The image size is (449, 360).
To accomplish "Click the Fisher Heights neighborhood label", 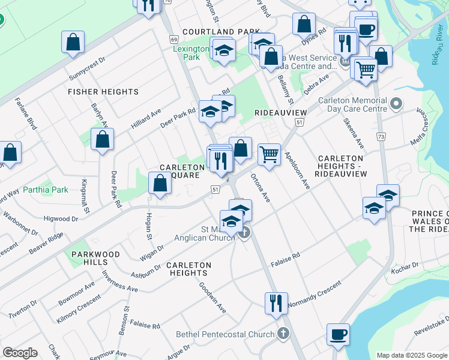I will tap(103, 92).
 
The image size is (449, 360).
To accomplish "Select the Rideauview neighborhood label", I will tap(281, 113).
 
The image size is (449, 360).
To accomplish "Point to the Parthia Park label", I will tap(46, 190).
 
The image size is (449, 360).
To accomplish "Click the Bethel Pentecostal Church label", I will tap(225, 334).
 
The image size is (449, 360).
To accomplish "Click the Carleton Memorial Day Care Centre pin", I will tap(396, 105).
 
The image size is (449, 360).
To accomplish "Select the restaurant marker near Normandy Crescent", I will tap(276, 304).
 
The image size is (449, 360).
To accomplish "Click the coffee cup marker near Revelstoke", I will tap(339, 335).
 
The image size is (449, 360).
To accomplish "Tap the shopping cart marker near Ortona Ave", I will tap(270, 155).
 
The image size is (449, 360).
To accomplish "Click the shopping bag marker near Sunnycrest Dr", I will tap(73, 43).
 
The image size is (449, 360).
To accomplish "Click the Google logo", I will tap(20, 353).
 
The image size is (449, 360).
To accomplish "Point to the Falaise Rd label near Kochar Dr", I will tap(285, 259).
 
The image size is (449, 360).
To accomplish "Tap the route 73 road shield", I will tap(381, 137).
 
